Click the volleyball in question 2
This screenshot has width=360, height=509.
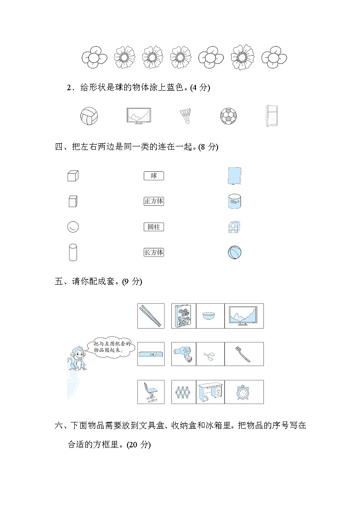click(x=89, y=116)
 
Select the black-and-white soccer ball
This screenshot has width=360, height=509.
click(x=229, y=116)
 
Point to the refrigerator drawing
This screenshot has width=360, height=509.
click(x=272, y=116)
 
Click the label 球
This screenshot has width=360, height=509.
click(x=154, y=176)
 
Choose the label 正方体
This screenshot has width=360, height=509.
click(x=154, y=201)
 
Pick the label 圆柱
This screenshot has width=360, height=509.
click(x=154, y=227)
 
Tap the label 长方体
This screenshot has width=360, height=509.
click(x=154, y=252)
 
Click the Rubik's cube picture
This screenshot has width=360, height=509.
click(x=234, y=227)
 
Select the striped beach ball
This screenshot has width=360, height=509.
click(x=234, y=252)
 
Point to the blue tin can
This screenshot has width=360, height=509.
click(x=234, y=201)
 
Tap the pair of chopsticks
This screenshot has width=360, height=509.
click(x=151, y=316)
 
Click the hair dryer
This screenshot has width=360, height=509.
click(x=183, y=354)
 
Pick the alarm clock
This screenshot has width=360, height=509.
click(x=244, y=392)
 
